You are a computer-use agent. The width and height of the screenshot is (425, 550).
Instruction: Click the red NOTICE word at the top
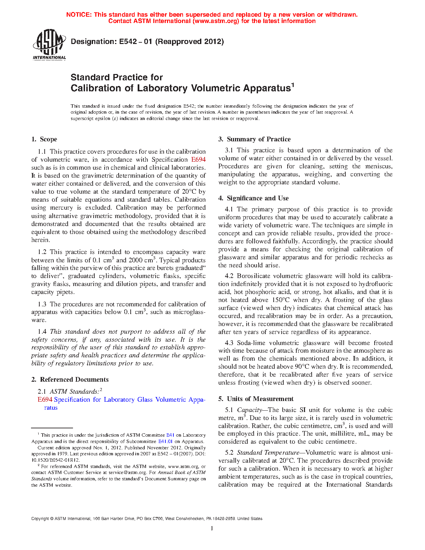tap(79, 15)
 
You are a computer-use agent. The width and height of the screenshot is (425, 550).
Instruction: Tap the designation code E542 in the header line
tap(126, 42)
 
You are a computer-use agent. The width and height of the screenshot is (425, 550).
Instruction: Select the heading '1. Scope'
tap(44, 139)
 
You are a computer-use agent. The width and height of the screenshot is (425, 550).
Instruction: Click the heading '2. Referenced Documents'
tap(70, 379)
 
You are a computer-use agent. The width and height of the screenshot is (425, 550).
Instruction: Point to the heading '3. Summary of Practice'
tap(254, 139)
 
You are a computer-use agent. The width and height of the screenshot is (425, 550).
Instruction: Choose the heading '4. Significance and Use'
tap(253, 198)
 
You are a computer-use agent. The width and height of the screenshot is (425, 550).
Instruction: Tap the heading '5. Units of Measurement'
tap(256, 399)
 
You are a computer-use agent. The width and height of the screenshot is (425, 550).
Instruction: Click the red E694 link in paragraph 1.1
tap(198, 160)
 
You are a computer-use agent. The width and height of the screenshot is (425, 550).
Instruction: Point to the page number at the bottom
tap(212, 528)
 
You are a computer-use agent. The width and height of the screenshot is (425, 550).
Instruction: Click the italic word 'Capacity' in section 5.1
tap(249, 410)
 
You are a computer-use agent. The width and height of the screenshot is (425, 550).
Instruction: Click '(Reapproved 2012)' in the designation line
tap(190, 42)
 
